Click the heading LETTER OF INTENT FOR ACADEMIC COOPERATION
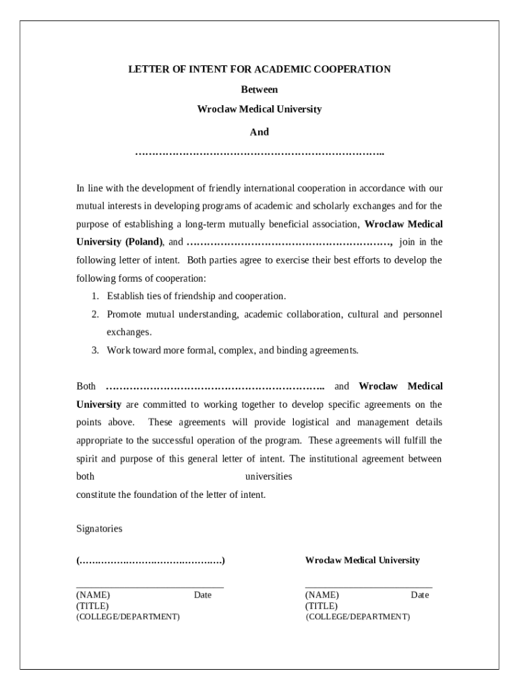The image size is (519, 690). tap(259, 69)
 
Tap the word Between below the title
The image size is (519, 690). tap(259, 89)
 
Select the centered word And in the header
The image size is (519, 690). tap(259, 132)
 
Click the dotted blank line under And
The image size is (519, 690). tap(259, 154)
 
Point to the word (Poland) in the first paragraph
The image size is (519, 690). tap(143, 242)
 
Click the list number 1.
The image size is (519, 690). tap(95, 296)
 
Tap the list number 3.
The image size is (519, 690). tap(95, 350)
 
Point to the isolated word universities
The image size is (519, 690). tap(268, 476)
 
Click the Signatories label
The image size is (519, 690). tap(99, 529)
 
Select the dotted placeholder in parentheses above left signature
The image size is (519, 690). tap(150, 561)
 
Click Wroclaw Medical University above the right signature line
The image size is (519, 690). tap(362, 561)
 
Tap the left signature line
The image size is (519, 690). tap(150, 588)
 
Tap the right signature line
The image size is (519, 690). tap(369, 588)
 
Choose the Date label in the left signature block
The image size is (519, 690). tap(203, 595)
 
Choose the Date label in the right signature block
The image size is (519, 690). tap(420, 595)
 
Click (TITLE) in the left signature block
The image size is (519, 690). tap(92, 606)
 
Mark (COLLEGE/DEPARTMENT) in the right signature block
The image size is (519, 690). tap(357, 617)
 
